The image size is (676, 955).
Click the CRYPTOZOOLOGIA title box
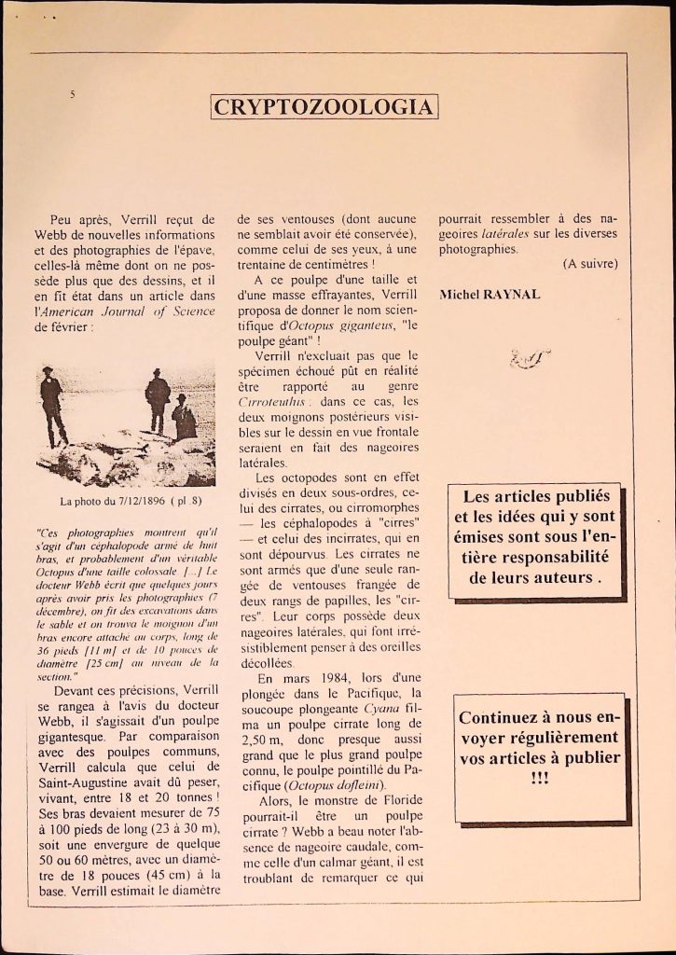(324, 106)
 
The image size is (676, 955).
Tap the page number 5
(72, 93)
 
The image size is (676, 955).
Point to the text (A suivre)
(589, 264)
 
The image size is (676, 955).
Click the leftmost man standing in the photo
(52, 405)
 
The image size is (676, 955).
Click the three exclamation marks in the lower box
(540, 776)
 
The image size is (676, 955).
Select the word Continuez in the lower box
(507, 718)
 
